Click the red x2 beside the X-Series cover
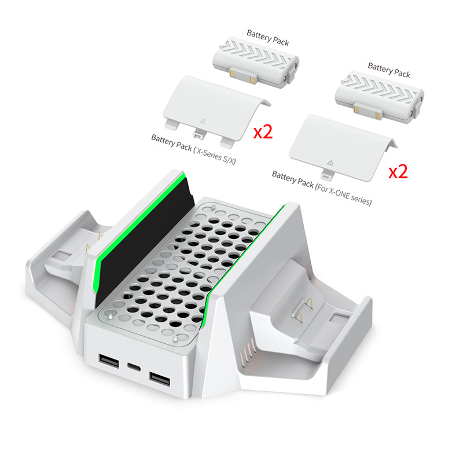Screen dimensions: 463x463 263,132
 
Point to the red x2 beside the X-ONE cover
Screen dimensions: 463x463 398,172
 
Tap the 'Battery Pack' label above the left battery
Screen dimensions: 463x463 267,38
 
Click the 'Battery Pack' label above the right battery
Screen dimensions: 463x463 389,71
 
